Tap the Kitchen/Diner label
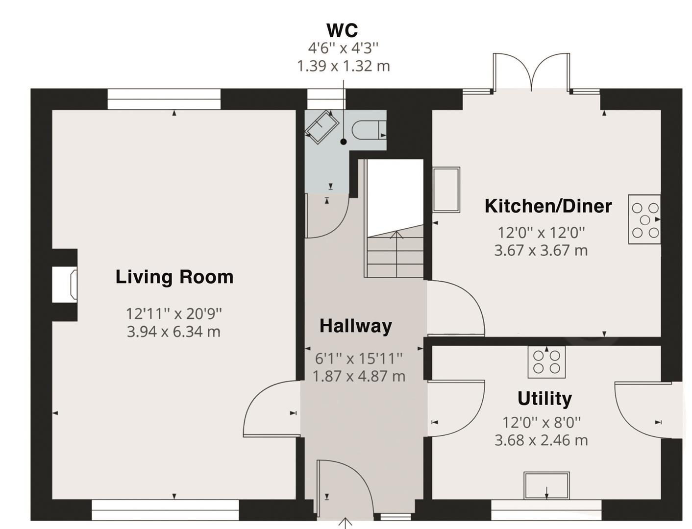point(548,206)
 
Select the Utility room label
point(544,399)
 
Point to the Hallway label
point(356,326)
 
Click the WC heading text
point(343,30)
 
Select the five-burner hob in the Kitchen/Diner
point(644,219)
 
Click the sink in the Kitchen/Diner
point(446,190)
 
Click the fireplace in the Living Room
point(65,285)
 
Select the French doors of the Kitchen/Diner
point(532,72)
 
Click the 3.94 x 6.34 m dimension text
point(173,332)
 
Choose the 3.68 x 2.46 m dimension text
point(541,440)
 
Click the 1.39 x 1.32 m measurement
point(344,66)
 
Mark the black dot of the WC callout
point(344,142)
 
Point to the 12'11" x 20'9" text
point(173,313)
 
